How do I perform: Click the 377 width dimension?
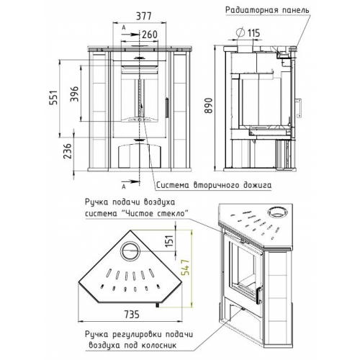point(144,16)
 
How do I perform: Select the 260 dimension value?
point(149,35)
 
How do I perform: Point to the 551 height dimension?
point(54,97)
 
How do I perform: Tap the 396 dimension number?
point(75,94)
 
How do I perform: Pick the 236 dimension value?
point(67,150)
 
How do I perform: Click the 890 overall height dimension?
point(209,105)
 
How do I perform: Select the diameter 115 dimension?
point(248,33)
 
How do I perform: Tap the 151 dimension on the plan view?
point(169,240)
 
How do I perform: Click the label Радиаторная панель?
point(267,10)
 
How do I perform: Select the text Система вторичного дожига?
point(214,185)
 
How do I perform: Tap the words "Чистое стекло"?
point(152,213)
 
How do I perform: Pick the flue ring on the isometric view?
point(277,211)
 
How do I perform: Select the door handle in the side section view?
point(299,107)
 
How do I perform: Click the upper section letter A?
point(124,27)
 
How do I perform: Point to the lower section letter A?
point(124,186)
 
